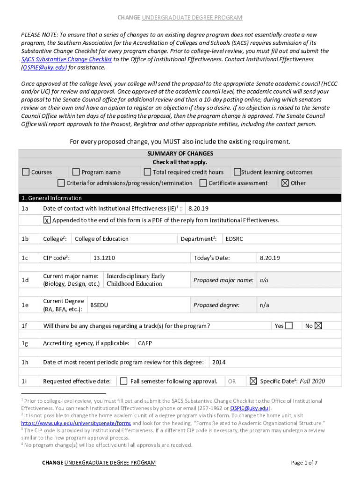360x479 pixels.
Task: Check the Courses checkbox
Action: click(x=26, y=172)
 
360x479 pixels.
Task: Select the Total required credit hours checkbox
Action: click(x=147, y=172)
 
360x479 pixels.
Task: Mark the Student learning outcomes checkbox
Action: click(x=237, y=172)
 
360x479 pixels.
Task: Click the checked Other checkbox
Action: click(x=285, y=183)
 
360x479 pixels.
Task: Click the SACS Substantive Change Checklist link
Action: click(x=67, y=59)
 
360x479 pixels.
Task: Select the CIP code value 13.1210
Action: click(x=104, y=258)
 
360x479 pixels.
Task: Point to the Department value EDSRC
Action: click(x=234, y=239)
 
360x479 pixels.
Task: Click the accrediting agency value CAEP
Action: click(x=145, y=343)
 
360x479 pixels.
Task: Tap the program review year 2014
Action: click(x=219, y=362)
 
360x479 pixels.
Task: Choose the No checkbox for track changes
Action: click(x=318, y=326)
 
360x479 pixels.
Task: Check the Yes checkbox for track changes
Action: click(x=289, y=326)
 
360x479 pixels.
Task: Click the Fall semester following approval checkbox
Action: click(x=123, y=381)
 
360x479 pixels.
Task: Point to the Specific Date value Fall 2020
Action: click(x=312, y=381)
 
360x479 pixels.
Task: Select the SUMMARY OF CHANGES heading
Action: click(x=180, y=153)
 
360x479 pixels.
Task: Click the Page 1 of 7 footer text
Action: click(x=304, y=463)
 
